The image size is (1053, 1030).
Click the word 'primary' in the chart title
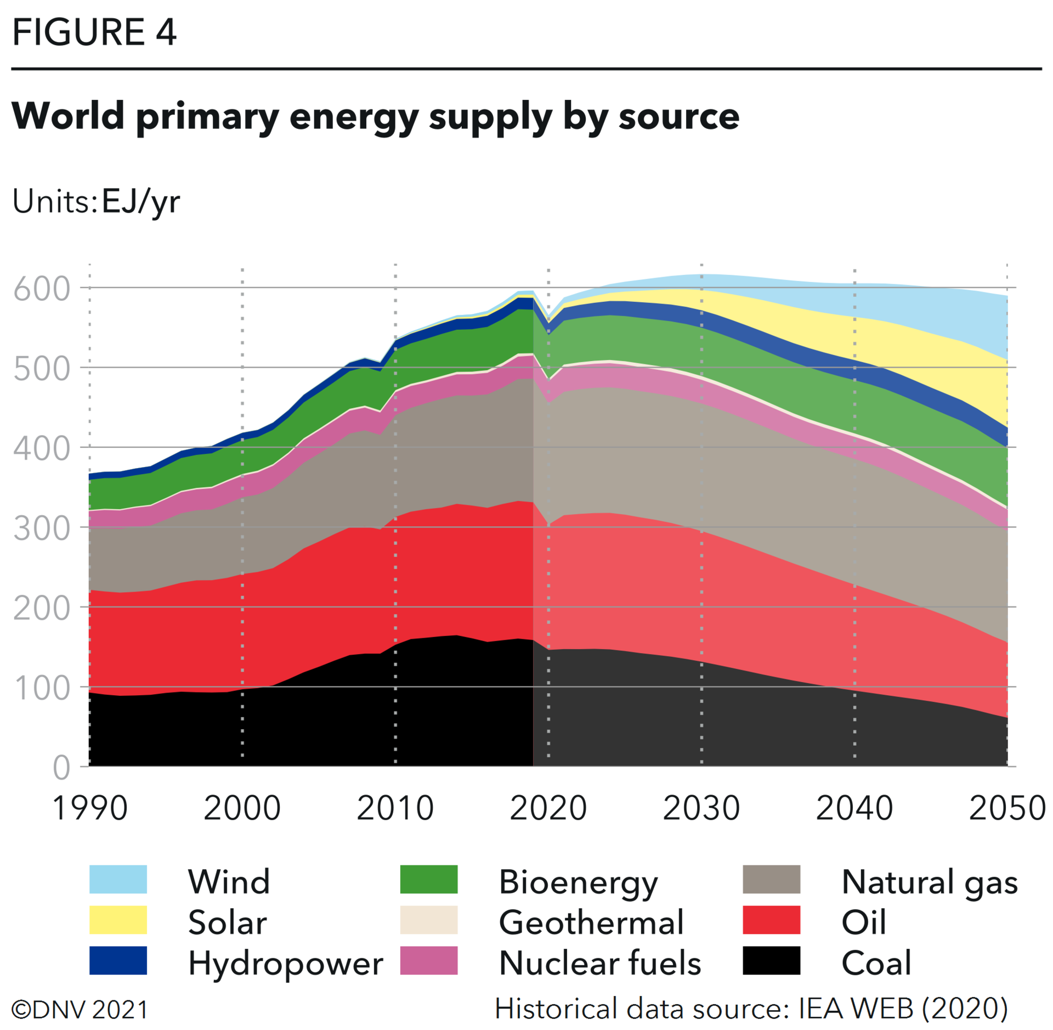coord(207,117)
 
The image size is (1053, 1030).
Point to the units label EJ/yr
coord(141,202)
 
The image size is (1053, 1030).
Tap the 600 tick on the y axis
coord(42,289)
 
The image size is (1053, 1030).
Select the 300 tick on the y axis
coord(42,528)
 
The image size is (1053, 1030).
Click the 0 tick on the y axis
coord(61,768)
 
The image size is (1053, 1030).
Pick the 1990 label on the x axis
coord(90,808)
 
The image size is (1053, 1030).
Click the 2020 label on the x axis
coord(548,808)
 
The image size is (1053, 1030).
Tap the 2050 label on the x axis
coord(1006,808)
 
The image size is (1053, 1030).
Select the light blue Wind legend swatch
coord(118,879)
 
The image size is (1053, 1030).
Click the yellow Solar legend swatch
coord(118,920)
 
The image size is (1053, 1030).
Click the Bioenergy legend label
coord(578,882)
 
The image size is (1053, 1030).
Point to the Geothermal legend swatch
coord(428,920)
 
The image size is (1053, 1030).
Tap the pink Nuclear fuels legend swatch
coord(428,960)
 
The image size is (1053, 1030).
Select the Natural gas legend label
coord(929,882)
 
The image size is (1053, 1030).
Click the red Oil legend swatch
coord(771,920)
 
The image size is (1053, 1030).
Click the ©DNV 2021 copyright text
coord(80,1010)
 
